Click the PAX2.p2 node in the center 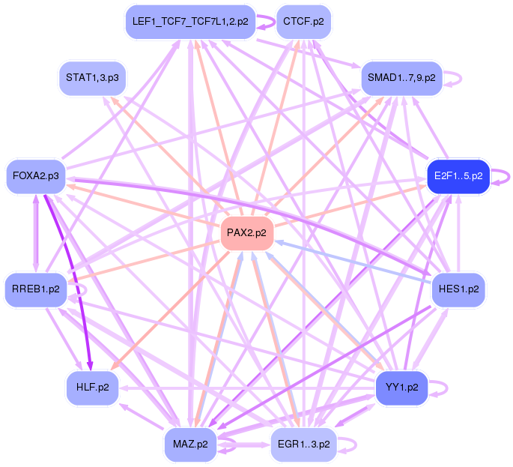246,233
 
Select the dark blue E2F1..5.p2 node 458,176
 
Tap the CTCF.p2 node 303,22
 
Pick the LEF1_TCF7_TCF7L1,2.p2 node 190,22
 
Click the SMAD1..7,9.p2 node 401,78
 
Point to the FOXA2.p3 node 35,176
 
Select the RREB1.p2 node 35,289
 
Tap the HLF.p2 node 92,387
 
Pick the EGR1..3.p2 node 303,444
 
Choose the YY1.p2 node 401,387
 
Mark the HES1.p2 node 458,289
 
